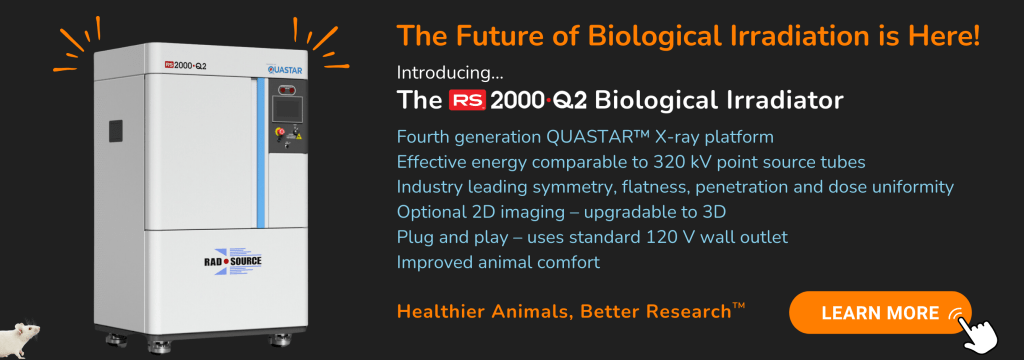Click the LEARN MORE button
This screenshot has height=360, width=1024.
point(880,312)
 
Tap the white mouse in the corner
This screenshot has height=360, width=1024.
point(20,339)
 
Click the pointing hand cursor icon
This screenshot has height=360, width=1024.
point(978,329)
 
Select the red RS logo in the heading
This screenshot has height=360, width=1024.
point(466,101)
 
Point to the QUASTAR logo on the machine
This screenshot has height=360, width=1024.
point(284,68)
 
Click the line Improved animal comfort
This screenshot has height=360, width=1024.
point(498,263)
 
